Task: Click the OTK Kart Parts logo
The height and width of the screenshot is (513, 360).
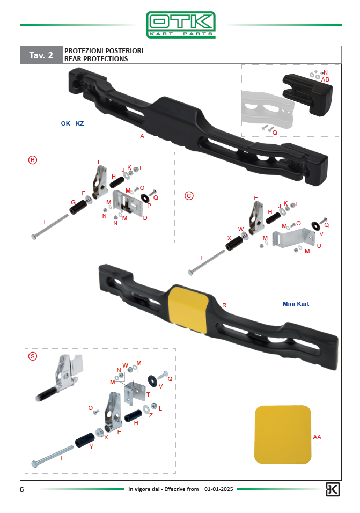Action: click(181, 25)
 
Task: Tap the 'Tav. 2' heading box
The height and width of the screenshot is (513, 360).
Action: click(41, 55)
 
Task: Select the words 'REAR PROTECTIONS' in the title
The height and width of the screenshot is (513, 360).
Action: click(96, 59)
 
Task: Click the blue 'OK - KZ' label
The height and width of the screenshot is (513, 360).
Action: click(72, 123)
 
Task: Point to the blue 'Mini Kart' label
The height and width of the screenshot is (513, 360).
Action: click(296, 304)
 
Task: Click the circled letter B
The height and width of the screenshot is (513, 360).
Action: click(33, 160)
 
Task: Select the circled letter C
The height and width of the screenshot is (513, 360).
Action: click(189, 196)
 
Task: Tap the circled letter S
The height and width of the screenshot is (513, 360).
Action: click(33, 356)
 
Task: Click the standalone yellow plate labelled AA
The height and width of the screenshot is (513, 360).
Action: click(283, 435)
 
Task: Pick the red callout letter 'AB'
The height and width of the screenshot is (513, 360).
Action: click(325, 79)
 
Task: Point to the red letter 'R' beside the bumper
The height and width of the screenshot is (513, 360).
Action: click(224, 305)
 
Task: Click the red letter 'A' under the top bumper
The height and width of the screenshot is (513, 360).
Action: click(142, 136)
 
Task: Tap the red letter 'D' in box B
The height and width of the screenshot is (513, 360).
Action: click(145, 218)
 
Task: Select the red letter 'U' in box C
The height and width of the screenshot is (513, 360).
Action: click(319, 246)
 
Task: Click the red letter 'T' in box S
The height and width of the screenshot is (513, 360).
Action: click(148, 394)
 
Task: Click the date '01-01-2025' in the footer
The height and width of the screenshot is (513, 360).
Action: click(219, 489)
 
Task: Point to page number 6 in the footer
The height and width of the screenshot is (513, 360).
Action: click(22, 489)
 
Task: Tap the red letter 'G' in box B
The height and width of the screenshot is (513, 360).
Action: click(74, 202)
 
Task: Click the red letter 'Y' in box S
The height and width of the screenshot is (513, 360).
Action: click(91, 446)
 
